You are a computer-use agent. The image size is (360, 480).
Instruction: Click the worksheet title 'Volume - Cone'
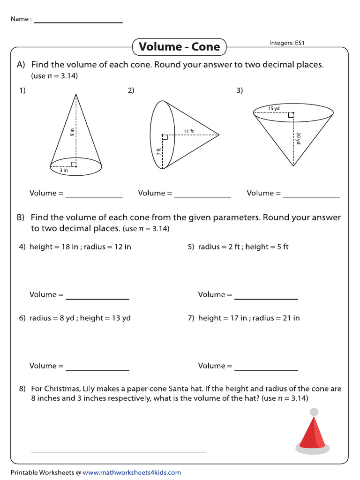179,47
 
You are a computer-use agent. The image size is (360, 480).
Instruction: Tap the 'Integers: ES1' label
287,43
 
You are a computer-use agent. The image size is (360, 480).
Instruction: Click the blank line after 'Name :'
78,22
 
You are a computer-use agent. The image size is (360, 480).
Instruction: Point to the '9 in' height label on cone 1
72,132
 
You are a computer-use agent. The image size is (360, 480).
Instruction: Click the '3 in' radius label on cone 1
63,171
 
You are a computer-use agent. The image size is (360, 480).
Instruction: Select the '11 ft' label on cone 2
189,131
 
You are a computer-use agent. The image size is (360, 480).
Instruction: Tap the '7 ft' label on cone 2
159,151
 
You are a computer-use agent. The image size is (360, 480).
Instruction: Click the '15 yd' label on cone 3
274,108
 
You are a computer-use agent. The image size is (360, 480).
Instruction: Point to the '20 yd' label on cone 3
298,138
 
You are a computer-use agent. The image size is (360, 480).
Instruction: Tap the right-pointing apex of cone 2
219,135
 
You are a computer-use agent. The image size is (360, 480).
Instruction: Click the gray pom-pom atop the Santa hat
315,412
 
